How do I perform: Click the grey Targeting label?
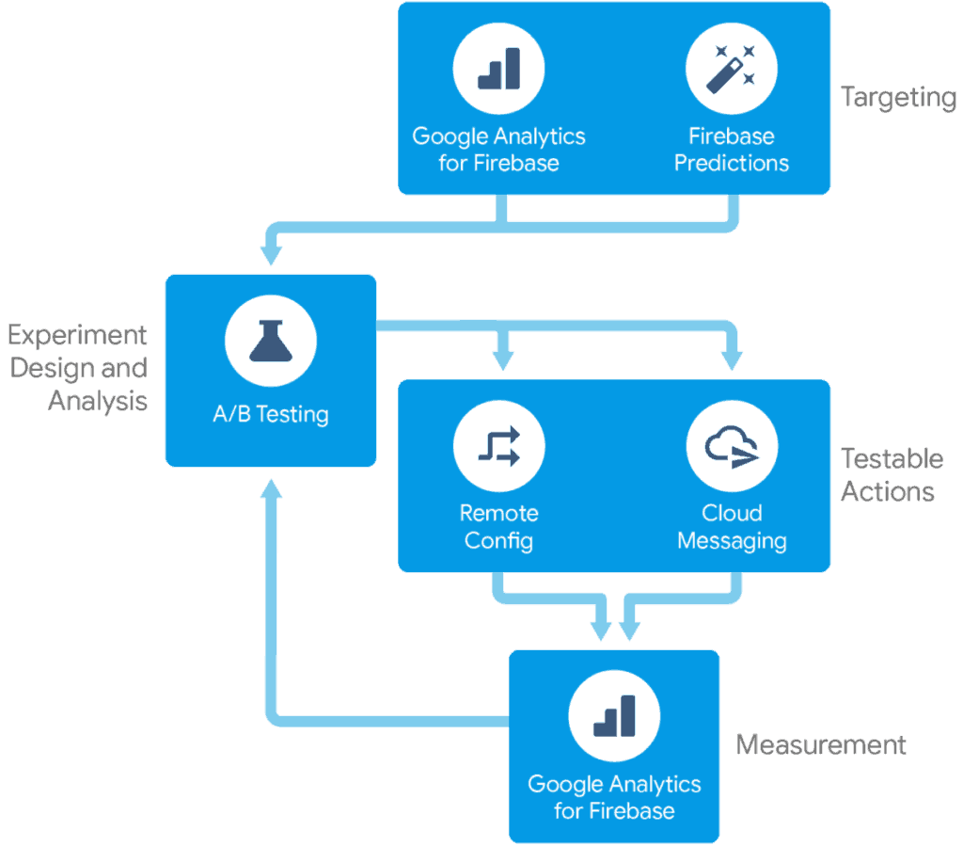898,97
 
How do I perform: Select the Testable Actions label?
891,475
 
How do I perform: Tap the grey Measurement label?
820,745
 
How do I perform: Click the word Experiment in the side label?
79,335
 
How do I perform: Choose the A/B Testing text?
271,414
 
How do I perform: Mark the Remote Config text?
498,527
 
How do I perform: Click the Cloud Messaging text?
732,527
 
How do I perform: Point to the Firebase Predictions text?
732,149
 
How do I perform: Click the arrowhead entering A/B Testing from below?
271,489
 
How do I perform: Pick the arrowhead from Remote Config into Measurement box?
599,629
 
